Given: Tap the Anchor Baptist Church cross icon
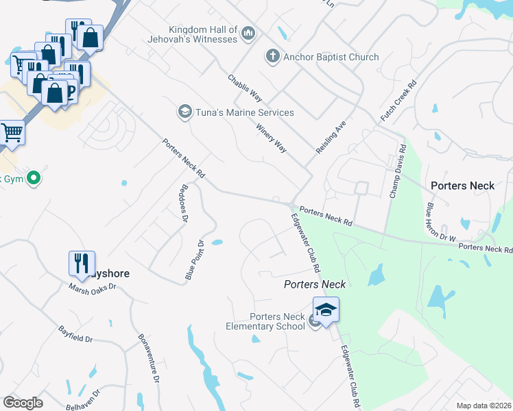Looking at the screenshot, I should (x=273, y=56).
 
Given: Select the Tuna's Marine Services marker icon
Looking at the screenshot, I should (x=184, y=112).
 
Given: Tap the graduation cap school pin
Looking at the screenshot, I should (x=326, y=310).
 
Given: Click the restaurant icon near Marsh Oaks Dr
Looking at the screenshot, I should (x=80, y=263).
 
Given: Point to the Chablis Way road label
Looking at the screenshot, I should (x=246, y=88).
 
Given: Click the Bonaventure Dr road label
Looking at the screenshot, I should (x=149, y=358).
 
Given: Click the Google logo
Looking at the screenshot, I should (x=23, y=403).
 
